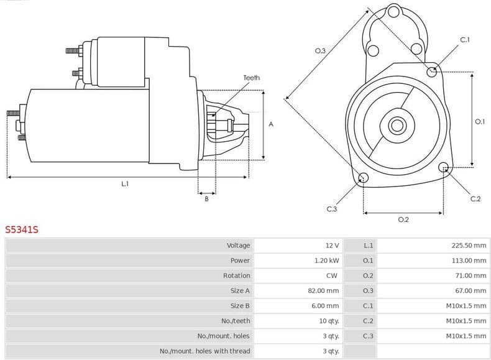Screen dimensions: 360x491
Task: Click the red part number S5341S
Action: tap(22, 229)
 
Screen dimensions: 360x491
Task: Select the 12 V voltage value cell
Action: tap(332, 246)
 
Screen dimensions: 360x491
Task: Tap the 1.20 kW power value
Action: tap(327, 261)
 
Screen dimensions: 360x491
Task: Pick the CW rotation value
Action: tap(333, 275)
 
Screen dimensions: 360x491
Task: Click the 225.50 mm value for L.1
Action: tap(469, 246)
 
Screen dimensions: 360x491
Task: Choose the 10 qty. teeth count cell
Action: tap(329, 320)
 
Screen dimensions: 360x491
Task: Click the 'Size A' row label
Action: tap(240, 290)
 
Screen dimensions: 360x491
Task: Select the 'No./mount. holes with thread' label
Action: tap(205, 351)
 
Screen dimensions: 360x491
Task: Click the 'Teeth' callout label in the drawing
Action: tap(251, 78)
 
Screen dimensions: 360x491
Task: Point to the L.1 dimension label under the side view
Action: tap(125, 184)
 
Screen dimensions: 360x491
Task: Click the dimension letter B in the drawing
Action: tap(206, 198)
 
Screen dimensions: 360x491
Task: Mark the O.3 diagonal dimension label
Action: tap(321, 50)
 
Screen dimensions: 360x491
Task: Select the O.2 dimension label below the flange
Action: tap(403, 219)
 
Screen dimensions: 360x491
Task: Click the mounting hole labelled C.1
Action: tap(432, 72)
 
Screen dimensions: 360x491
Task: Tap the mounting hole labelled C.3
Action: tap(364, 179)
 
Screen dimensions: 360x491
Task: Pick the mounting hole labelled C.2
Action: tap(443, 167)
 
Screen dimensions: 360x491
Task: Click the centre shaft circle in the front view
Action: tap(397, 126)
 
